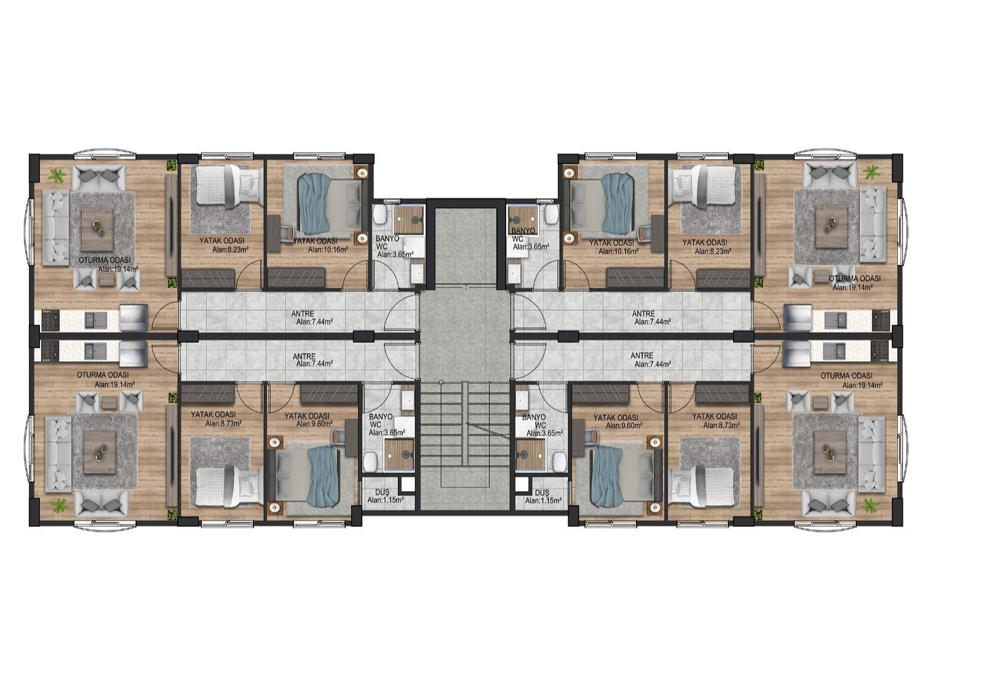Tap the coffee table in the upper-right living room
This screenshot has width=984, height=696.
pos(831,227)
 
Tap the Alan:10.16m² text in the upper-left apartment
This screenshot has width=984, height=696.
pos(328,249)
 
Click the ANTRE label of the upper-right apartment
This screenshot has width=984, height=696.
pos(643,314)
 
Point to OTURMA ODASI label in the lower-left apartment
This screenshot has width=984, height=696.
pos(103,375)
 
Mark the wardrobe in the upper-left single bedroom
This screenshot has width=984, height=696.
pos(208,278)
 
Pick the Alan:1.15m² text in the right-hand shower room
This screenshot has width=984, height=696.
pos(544,500)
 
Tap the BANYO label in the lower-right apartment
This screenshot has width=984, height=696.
pos(534,417)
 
